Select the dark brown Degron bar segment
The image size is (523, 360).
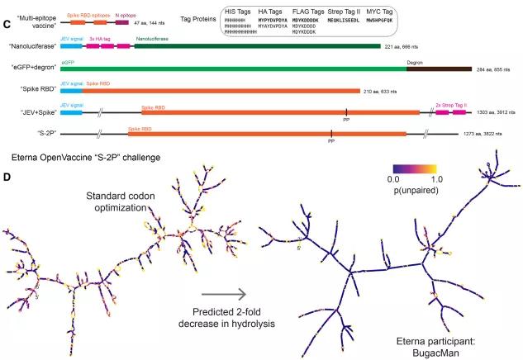pyautogui.click(x=438, y=71)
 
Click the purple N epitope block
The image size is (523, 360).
pyautogui.click(x=122, y=23)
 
